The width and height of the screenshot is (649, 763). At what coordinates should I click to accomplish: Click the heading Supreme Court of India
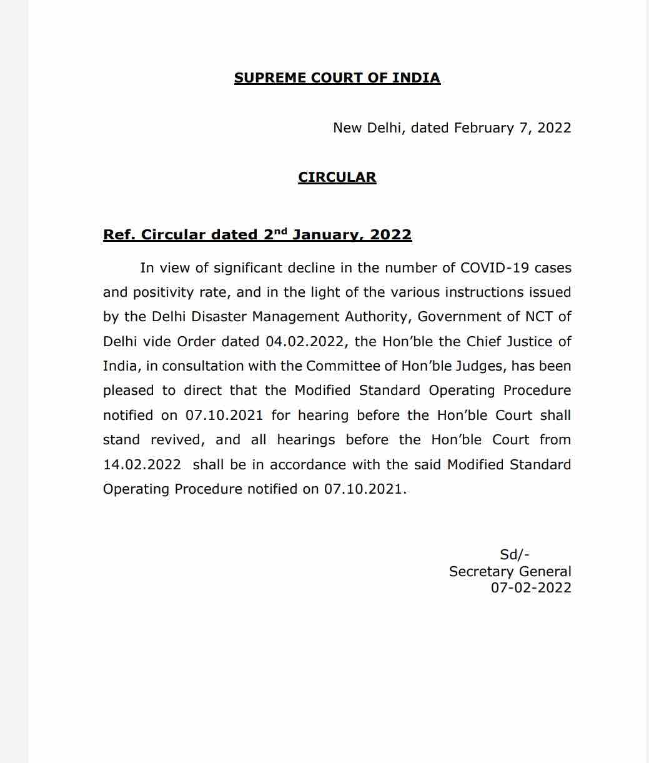(x=337, y=78)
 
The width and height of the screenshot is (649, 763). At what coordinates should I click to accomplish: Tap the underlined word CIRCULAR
(x=337, y=177)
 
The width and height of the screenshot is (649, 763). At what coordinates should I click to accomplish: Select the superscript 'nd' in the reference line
(x=281, y=231)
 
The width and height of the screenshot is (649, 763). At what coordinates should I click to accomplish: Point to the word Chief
(x=485, y=342)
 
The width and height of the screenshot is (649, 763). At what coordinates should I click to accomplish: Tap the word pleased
(x=128, y=391)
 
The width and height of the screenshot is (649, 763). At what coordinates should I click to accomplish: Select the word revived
(x=177, y=440)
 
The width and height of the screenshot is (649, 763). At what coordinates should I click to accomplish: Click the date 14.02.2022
(x=142, y=465)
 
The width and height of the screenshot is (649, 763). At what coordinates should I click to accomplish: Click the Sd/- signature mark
(x=515, y=555)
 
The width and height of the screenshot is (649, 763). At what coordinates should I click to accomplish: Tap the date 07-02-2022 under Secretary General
(x=531, y=588)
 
